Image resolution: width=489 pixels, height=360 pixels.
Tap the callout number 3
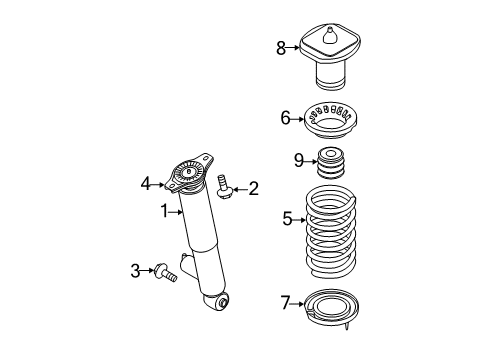[x=135, y=270]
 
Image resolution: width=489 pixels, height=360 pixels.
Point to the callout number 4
[x=146, y=182]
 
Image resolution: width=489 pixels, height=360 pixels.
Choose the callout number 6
[x=285, y=118]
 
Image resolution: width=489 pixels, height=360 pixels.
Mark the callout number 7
[x=286, y=300]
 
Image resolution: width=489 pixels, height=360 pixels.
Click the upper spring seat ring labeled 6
[x=331, y=120]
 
